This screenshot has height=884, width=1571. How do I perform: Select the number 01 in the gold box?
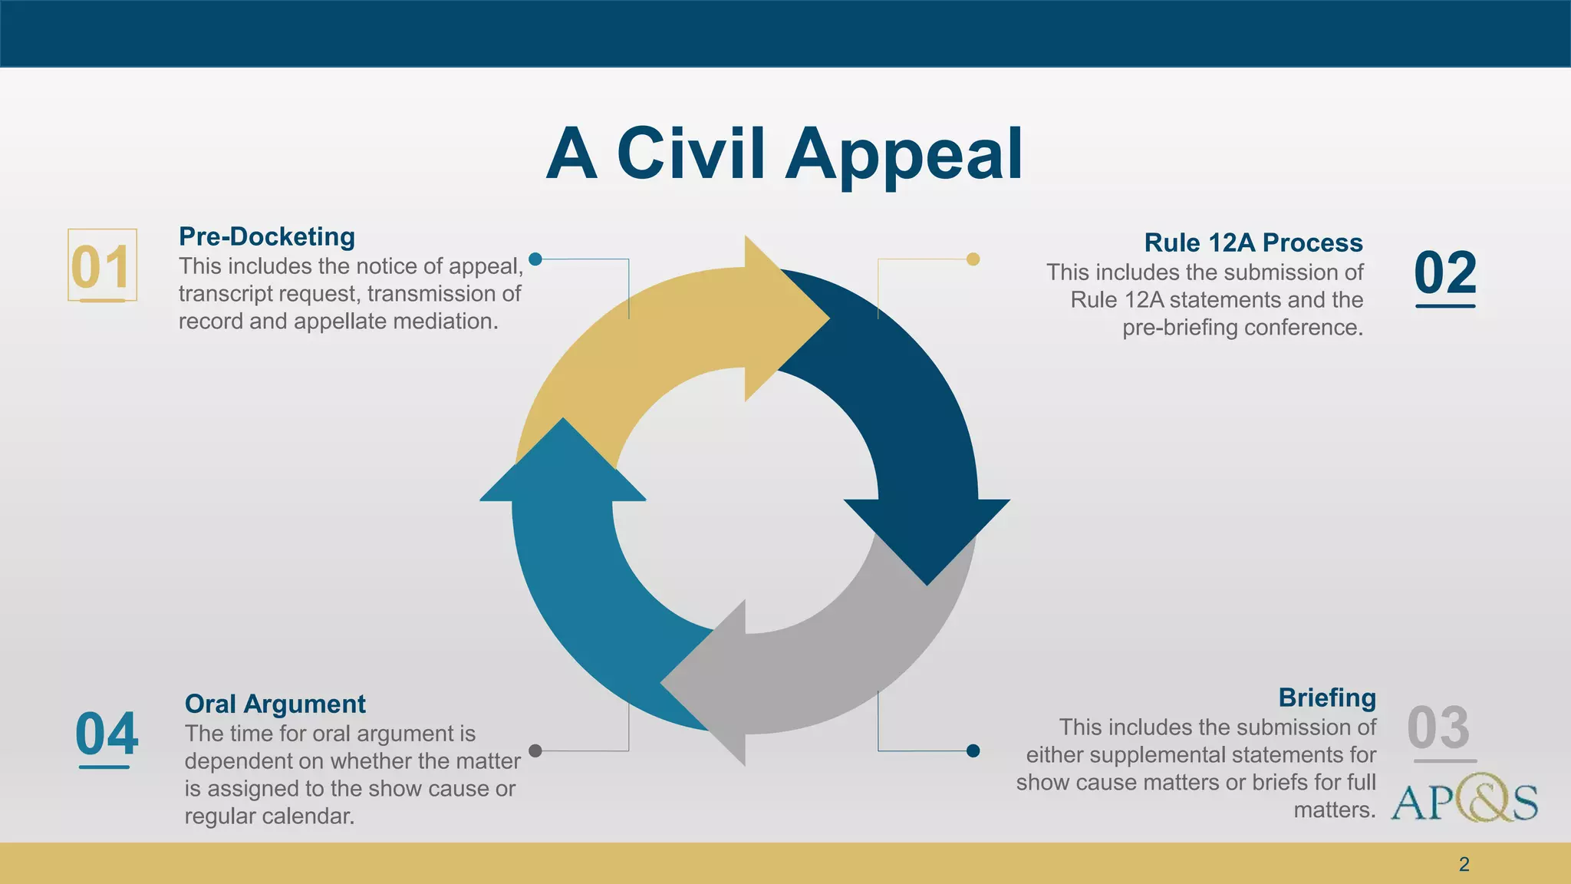click(x=100, y=267)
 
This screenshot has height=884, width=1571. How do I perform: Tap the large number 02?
click(x=1444, y=272)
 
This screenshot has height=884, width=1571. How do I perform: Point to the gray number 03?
click(x=1438, y=727)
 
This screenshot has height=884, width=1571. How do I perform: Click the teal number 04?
click(x=107, y=734)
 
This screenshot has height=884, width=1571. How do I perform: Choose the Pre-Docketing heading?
click(x=266, y=236)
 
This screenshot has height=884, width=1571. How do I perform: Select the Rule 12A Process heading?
click(x=1253, y=242)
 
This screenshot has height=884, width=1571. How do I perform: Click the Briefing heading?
click(x=1326, y=698)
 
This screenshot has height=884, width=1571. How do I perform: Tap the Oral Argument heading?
click(x=275, y=704)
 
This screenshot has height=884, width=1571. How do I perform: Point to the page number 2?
click(x=1464, y=864)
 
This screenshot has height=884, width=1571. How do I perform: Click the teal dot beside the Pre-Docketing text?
click(x=535, y=259)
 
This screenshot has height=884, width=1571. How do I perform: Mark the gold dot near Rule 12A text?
click(x=973, y=259)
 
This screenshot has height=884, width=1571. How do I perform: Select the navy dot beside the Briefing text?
click(x=973, y=750)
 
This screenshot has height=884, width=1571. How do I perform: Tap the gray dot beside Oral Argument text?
click(x=535, y=750)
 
